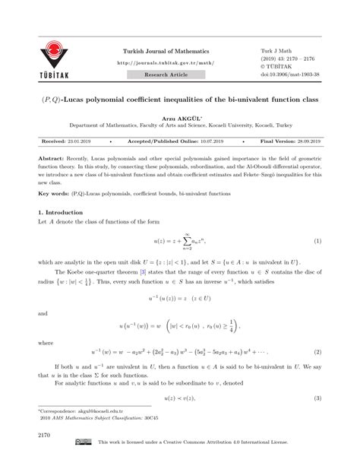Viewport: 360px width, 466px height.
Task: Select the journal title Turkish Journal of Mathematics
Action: (x=167, y=50)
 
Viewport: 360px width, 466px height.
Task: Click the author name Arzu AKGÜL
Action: (x=179, y=120)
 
